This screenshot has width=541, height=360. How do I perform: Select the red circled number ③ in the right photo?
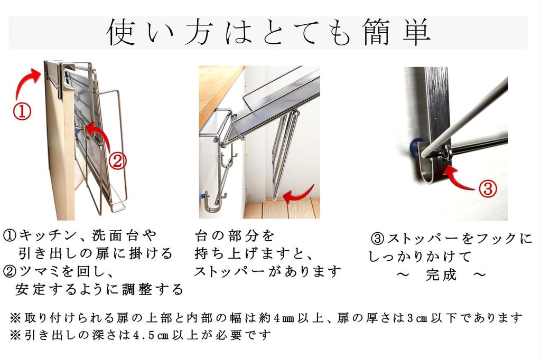tap(488, 188)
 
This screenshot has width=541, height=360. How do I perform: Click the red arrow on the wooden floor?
tap(297, 196)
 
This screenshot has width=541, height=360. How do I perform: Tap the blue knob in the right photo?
tap(416, 146)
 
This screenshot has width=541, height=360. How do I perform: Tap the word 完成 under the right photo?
tap(441, 274)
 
